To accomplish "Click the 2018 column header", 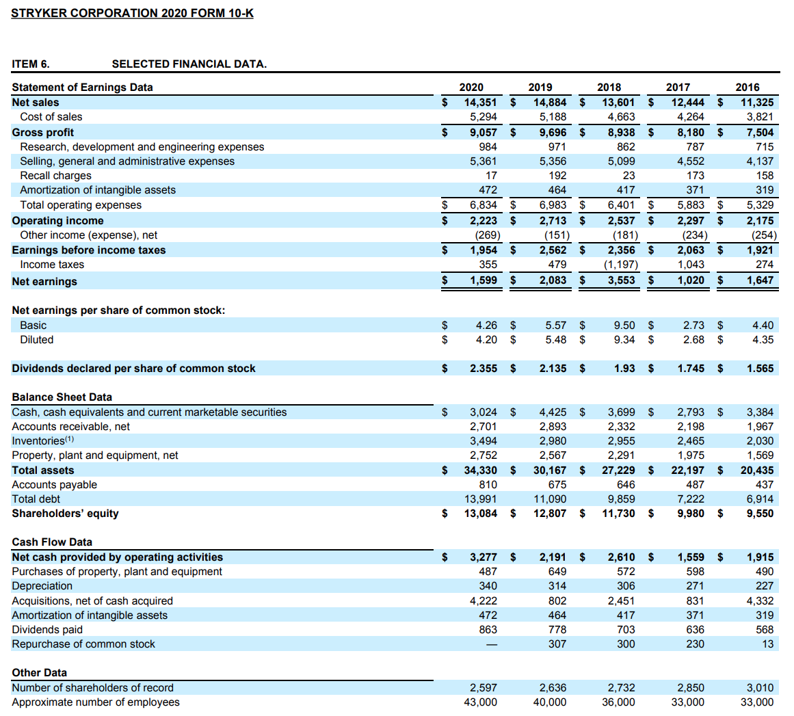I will pyautogui.click(x=609, y=87).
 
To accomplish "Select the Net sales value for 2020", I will pyautogui.click(x=480, y=103).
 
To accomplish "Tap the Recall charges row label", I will pyautogui.click(x=55, y=176).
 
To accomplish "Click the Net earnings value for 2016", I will pyautogui.click(x=760, y=280).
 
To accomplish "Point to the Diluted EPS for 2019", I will pyautogui.click(x=556, y=340).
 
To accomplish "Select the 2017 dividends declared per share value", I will pyautogui.click(x=691, y=369).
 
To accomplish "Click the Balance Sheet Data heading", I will pyautogui.click(x=62, y=397).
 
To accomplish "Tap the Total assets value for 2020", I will pyautogui.click(x=480, y=470).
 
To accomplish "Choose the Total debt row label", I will pyautogui.click(x=36, y=499).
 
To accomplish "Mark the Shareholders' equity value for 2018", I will pyautogui.click(x=618, y=514).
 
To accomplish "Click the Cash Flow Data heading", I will pyautogui.click(x=52, y=542).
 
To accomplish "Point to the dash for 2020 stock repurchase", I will pyautogui.click(x=488, y=644).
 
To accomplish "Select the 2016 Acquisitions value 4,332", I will pyautogui.click(x=760, y=601).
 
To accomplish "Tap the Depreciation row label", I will pyautogui.click(x=42, y=586).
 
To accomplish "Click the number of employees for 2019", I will pyautogui.click(x=549, y=702).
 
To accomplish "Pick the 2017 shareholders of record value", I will pyautogui.click(x=690, y=688).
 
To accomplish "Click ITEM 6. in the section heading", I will pyautogui.click(x=31, y=64).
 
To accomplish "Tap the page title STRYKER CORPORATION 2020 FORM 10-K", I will pyautogui.click(x=132, y=13).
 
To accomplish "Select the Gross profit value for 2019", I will pyautogui.click(x=553, y=133).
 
